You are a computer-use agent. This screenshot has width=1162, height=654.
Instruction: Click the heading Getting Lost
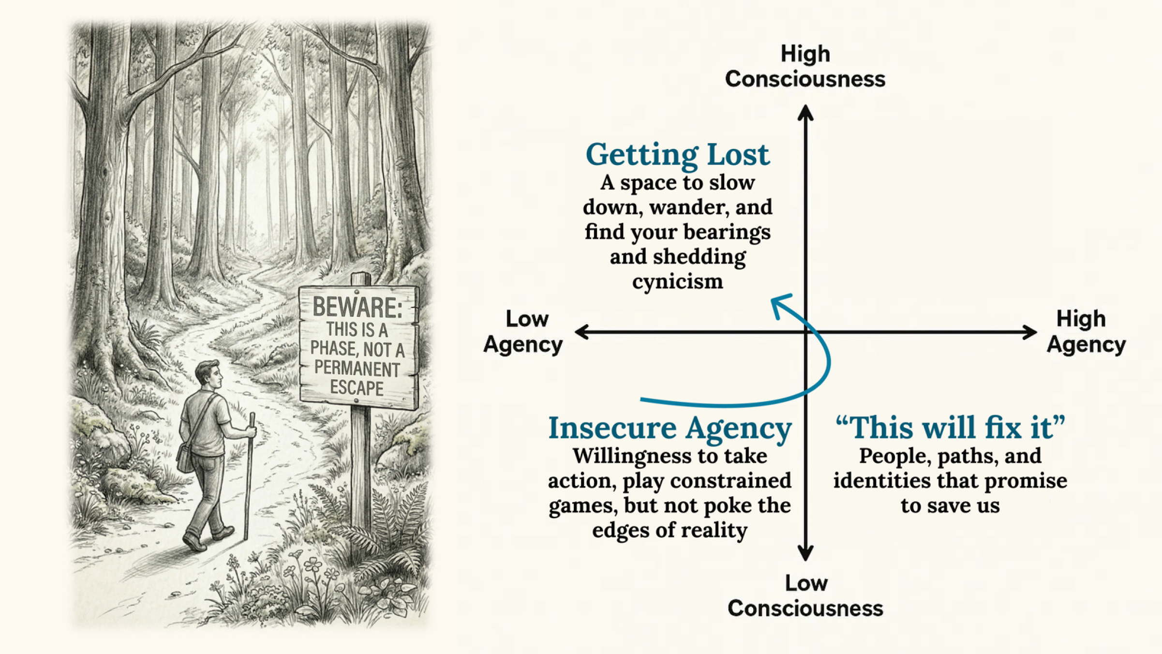pyautogui.click(x=677, y=155)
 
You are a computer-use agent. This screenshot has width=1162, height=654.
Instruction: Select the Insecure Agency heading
pyautogui.click(x=670, y=428)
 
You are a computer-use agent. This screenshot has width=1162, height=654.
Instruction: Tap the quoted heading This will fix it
pyautogui.click(x=950, y=428)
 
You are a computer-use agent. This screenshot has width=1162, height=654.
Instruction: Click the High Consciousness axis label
pyautogui.click(x=805, y=67)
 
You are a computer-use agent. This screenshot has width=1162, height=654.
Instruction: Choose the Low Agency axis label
pyautogui.click(x=523, y=332)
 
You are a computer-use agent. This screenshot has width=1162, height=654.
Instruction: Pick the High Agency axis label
pyautogui.click(x=1086, y=332)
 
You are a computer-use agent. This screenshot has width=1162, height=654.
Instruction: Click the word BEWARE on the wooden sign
pyautogui.click(x=357, y=307)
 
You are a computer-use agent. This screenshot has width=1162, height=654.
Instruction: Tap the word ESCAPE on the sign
pyautogui.click(x=357, y=388)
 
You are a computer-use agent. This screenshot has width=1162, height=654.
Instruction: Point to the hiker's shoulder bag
pyautogui.click(x=185, y=457)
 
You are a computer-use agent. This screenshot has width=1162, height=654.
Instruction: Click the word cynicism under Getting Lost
pyautogui.click(x=677, y=282)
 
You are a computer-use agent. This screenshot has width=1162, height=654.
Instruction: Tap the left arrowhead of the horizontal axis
pyautogui.click(x=581, y=332)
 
